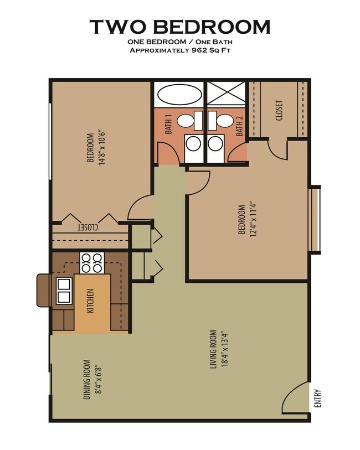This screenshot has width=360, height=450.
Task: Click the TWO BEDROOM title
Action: tap(180, 27)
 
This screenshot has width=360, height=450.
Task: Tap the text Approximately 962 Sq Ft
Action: tap(180, 50)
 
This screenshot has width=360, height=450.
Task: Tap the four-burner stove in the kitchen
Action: tap(92, 262)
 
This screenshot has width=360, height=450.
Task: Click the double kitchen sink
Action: tap(64, 291)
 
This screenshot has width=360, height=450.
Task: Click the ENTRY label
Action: tap(317, 399)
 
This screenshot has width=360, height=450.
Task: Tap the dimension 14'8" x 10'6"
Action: tap(101, 148)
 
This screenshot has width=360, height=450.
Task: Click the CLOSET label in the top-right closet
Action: tap(279, 110)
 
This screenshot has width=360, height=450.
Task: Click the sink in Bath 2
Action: tap(225, 120)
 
